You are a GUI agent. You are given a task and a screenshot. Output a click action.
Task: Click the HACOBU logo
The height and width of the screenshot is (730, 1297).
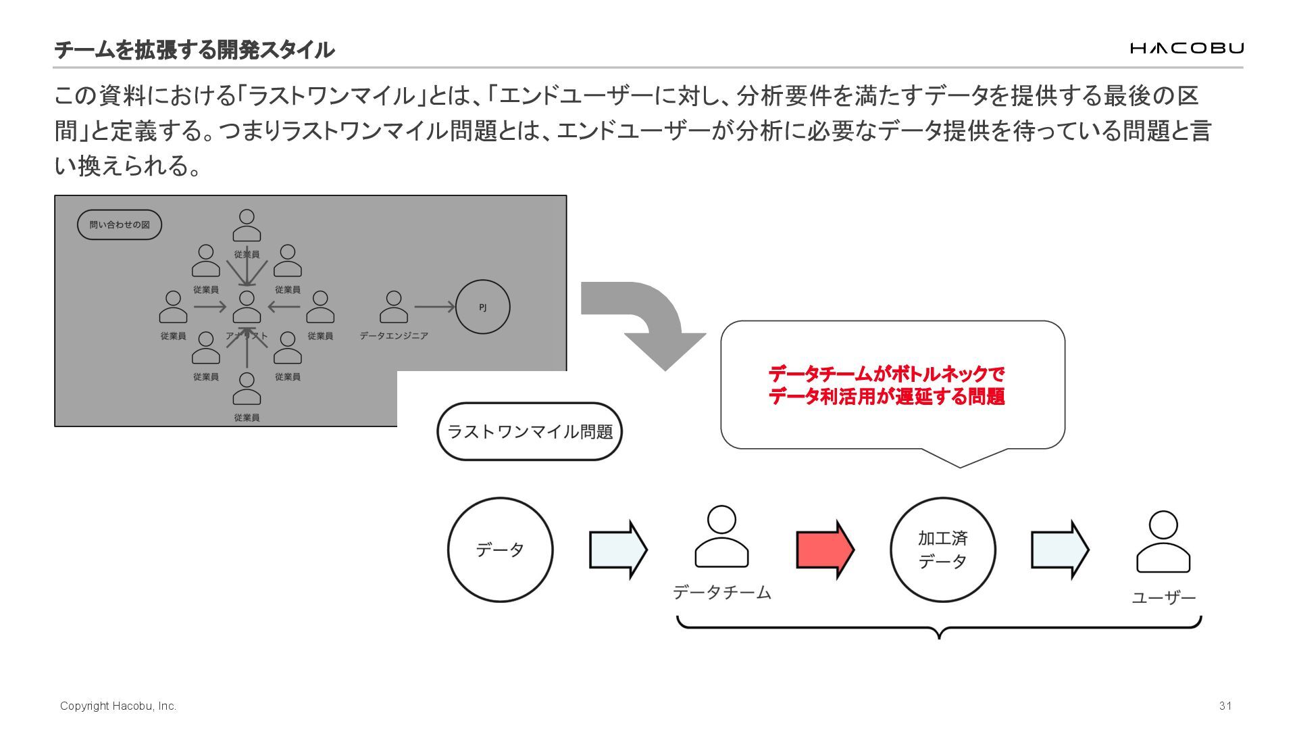[x=1186, y=48]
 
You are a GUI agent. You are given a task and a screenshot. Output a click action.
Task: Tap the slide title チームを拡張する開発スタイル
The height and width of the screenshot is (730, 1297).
[x=194, y=49]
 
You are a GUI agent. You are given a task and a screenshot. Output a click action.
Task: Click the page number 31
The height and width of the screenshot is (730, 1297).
[x=1225, y=706]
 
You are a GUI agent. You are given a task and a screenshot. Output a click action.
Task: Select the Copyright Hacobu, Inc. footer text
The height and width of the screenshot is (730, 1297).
[x=118, y=706]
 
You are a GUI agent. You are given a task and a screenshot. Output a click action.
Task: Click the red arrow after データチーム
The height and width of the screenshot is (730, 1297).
[x=825, y=550]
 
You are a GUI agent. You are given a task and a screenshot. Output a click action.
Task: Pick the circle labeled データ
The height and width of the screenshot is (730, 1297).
[x=500, y=550]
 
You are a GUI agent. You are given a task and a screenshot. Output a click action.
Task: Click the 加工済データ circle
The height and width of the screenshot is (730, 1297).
[x=942, y=550]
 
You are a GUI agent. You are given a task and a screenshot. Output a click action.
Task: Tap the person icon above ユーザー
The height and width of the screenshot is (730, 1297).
[x=1163, y=542]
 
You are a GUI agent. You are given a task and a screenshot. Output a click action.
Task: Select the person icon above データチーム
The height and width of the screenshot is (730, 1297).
[x=721, y=537]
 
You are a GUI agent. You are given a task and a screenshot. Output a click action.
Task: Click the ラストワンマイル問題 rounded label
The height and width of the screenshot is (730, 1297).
[x=530, y=431]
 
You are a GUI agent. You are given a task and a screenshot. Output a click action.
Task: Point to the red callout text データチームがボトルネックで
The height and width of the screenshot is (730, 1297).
[x=886, y=374]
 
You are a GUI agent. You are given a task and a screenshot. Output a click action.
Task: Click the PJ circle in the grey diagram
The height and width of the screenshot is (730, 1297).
[x=482, y=307]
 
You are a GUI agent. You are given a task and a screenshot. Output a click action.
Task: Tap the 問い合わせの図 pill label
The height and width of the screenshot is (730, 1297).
[x=120, y=225]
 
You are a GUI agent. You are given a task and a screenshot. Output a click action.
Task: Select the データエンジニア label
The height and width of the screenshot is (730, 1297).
[x=394, y=335]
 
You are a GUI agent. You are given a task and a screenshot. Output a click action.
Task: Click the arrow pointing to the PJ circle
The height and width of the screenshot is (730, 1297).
[x=434, y=307]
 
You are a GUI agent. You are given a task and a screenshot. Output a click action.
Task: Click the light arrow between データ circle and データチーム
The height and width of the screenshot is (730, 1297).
[x=617, y=550]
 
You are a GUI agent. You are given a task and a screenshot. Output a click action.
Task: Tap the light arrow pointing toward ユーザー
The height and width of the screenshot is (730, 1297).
[x=1059, y=550]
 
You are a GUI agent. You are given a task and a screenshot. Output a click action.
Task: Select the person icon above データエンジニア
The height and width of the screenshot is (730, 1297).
[x=394, y=307]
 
